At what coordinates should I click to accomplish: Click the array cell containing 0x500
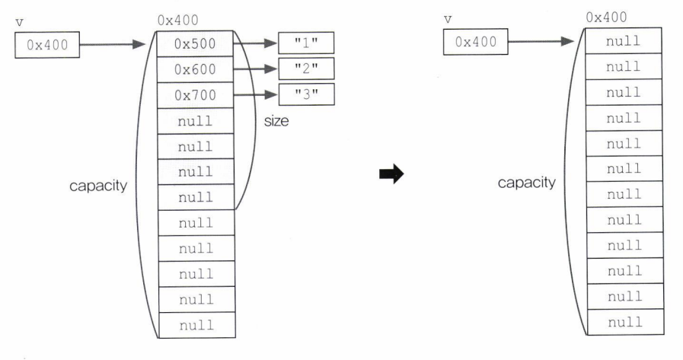(195, 44)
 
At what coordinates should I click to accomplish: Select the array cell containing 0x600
(195, 70)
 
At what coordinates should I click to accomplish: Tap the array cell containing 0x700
(195, 96)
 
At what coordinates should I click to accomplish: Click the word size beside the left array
(276, 121)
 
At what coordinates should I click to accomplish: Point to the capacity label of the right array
(527, 183)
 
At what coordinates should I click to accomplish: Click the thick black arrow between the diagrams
(389, 175)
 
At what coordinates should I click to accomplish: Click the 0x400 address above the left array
(177, 21)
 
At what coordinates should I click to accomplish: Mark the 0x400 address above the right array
(607, 17)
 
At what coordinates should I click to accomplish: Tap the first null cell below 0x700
(195, 121)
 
